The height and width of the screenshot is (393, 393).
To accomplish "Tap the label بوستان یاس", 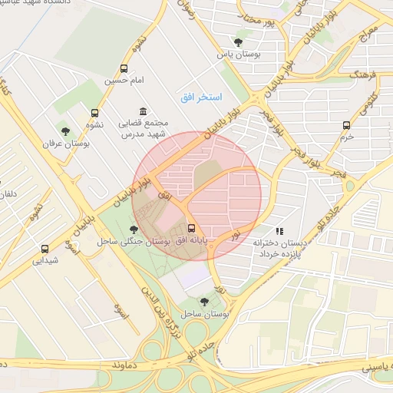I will coord(237,54).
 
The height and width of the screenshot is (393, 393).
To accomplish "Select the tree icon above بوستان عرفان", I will coord(66,130).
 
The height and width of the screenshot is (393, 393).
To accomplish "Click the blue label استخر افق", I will coord(201,97).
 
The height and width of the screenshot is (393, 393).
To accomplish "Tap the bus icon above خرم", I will coord(347,125).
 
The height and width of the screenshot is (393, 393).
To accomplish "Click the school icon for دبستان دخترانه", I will coord(279,230).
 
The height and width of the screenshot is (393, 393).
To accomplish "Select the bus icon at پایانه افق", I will coord(191,228).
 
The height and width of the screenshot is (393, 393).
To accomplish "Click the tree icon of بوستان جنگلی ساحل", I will coord(134,229).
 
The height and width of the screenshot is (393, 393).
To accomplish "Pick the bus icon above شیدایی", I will coord(45,249).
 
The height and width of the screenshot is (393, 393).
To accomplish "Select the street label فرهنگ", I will coord(364,77).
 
